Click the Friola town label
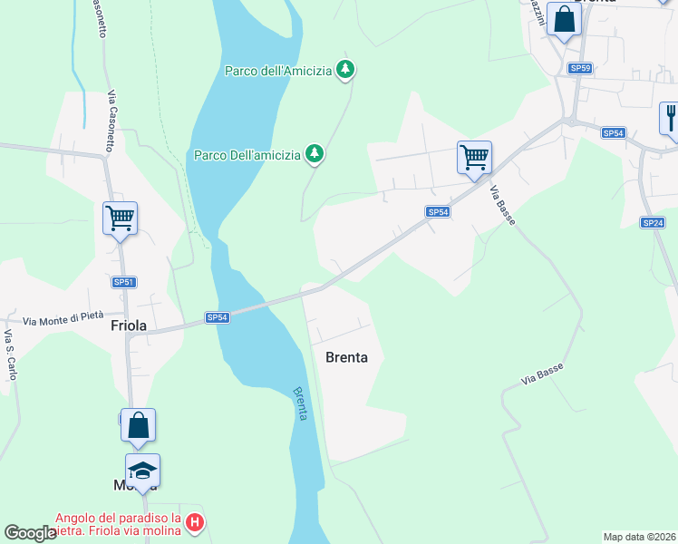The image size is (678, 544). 130,325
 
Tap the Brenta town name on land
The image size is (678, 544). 346,357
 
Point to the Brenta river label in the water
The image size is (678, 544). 301,403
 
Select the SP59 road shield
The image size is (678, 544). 580,68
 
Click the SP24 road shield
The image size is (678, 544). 653,222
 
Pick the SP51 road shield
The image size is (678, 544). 124,282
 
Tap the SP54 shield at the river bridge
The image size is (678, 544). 217,317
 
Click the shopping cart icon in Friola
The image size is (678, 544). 120,219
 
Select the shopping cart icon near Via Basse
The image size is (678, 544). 474,158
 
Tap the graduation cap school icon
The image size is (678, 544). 142,471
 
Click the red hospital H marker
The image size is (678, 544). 195,522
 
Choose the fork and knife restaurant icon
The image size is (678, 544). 671,118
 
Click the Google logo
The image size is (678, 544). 30,533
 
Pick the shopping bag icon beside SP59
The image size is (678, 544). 564,20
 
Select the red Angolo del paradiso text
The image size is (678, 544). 118,524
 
